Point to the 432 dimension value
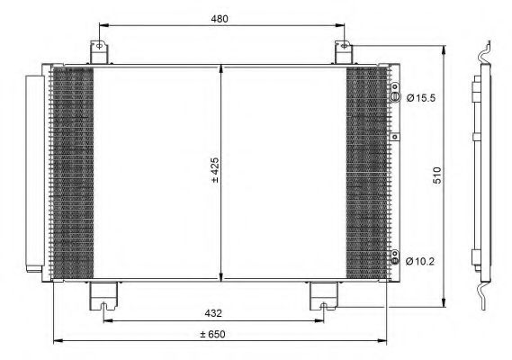click(x=213, y=312)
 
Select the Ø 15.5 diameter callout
click(x=421, y=97)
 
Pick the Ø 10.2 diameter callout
click(x=421, y=262)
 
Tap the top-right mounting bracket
click(x=344, y=51)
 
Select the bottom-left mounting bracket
click(x=103, y=294)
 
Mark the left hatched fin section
click(x=72, y=171)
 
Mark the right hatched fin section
click(x=368, y=171)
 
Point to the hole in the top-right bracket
click(x=343, y=45)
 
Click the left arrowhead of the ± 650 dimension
click(x=58, y=341)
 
